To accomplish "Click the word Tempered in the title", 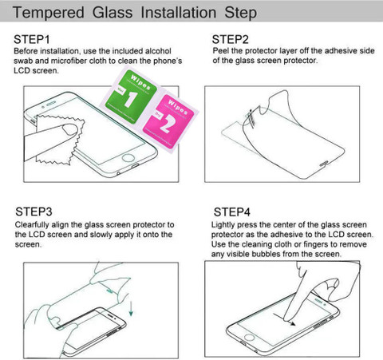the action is [x=49, y=13].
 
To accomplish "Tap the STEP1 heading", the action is [x=32, y=40].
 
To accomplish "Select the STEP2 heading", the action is [x=231, y=40].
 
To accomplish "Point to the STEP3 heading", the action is [x=34, y=212].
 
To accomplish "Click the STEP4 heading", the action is [x=232, y=212].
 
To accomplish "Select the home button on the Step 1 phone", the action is [x=128, y=158].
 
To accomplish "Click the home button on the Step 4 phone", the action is [x=249, y=338].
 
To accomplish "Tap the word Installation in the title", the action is [x=178, y=13].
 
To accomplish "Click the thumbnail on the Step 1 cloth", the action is [x=69, y=129].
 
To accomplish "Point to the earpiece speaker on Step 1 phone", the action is [x=51, y=104].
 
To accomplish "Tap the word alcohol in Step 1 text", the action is [x=158, y=51].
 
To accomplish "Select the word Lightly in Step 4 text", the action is [x=223, y=225].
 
